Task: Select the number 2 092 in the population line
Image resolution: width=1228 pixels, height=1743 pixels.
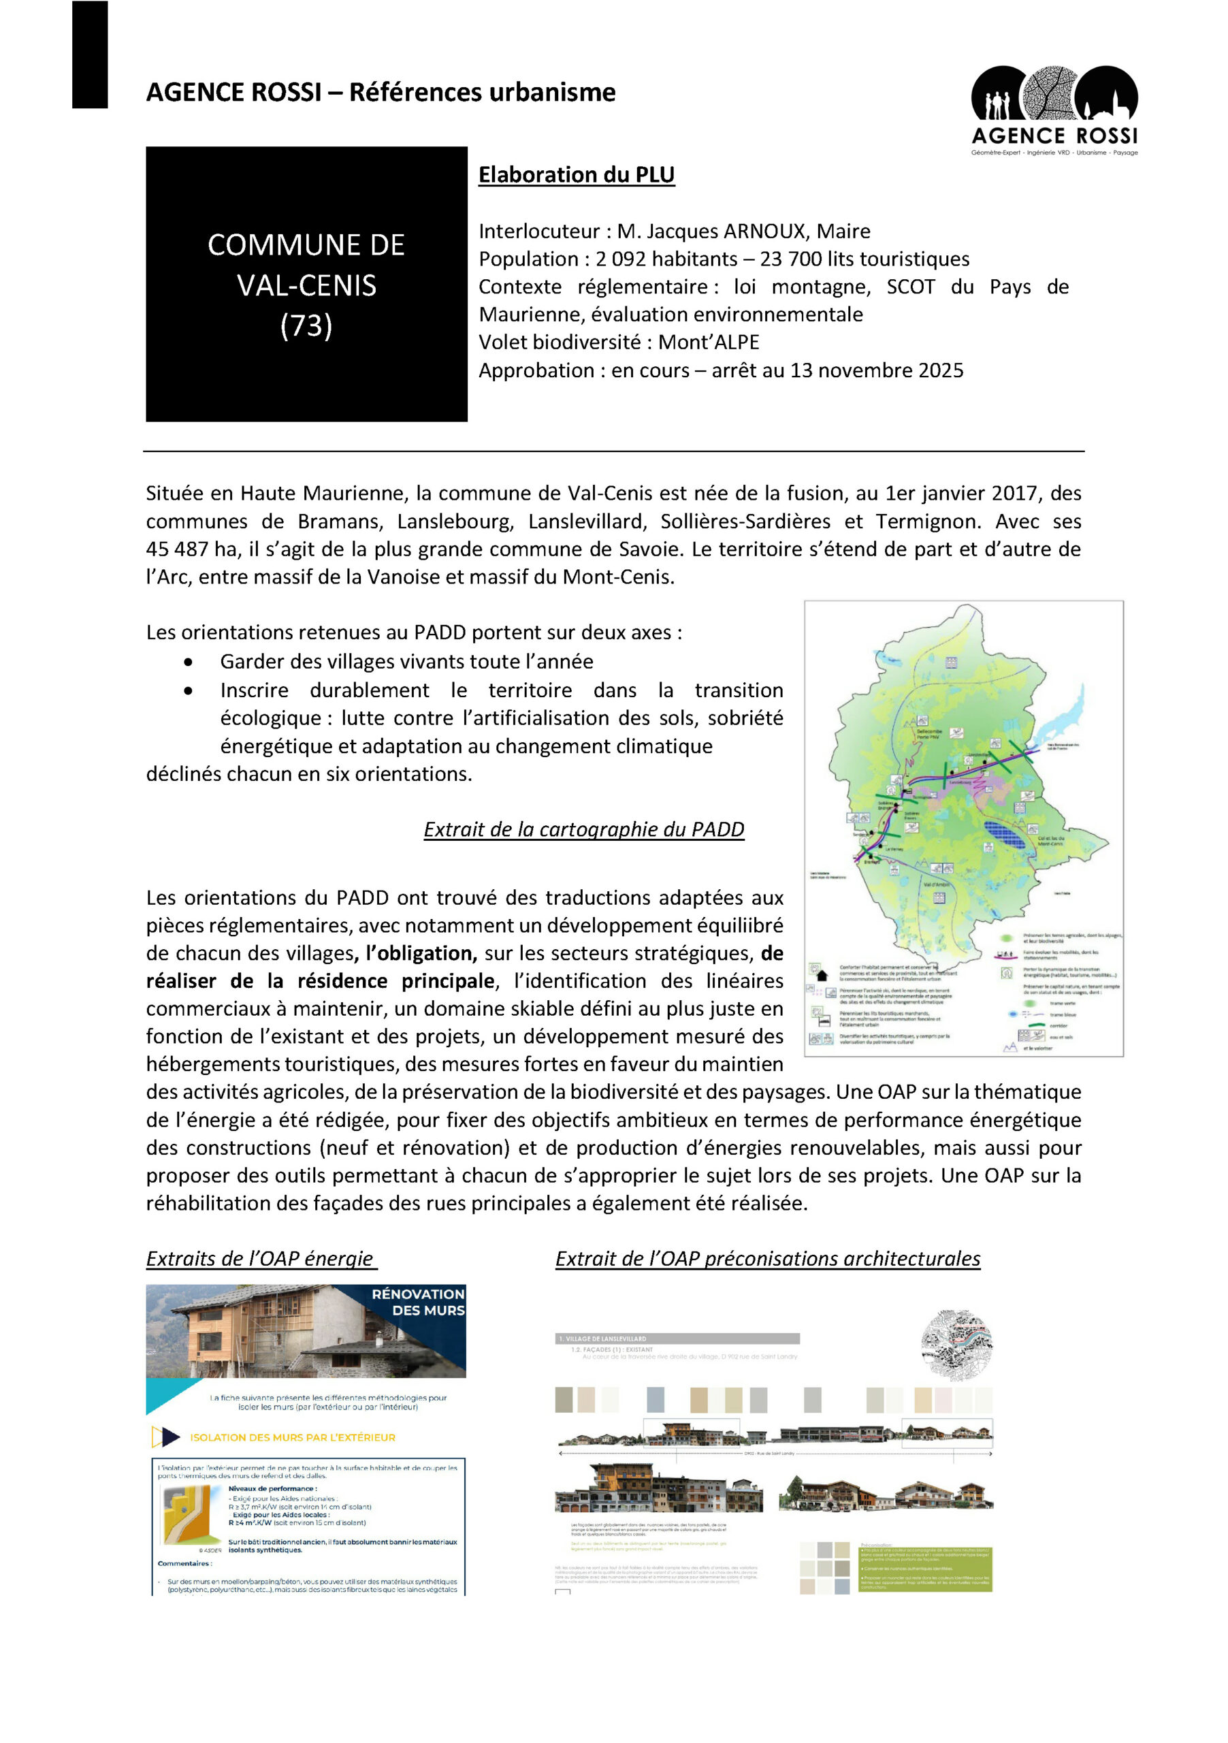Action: point(620,259)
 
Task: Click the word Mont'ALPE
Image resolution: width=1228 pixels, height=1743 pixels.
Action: point(708,342)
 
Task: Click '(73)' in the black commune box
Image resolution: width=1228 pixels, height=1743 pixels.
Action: point(306,325)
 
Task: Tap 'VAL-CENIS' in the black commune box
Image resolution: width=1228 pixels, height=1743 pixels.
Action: point(306,285)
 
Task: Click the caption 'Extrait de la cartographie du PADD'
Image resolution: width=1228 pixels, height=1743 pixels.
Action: point(583,829)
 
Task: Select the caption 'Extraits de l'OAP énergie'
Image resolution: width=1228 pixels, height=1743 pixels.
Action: point(260,1259)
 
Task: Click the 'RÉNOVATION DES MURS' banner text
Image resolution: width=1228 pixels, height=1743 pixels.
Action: point(418,1302)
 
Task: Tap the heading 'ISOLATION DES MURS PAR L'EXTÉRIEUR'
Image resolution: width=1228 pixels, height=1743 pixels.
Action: point(292,1437)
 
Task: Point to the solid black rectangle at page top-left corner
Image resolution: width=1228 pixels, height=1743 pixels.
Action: point(90,54)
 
